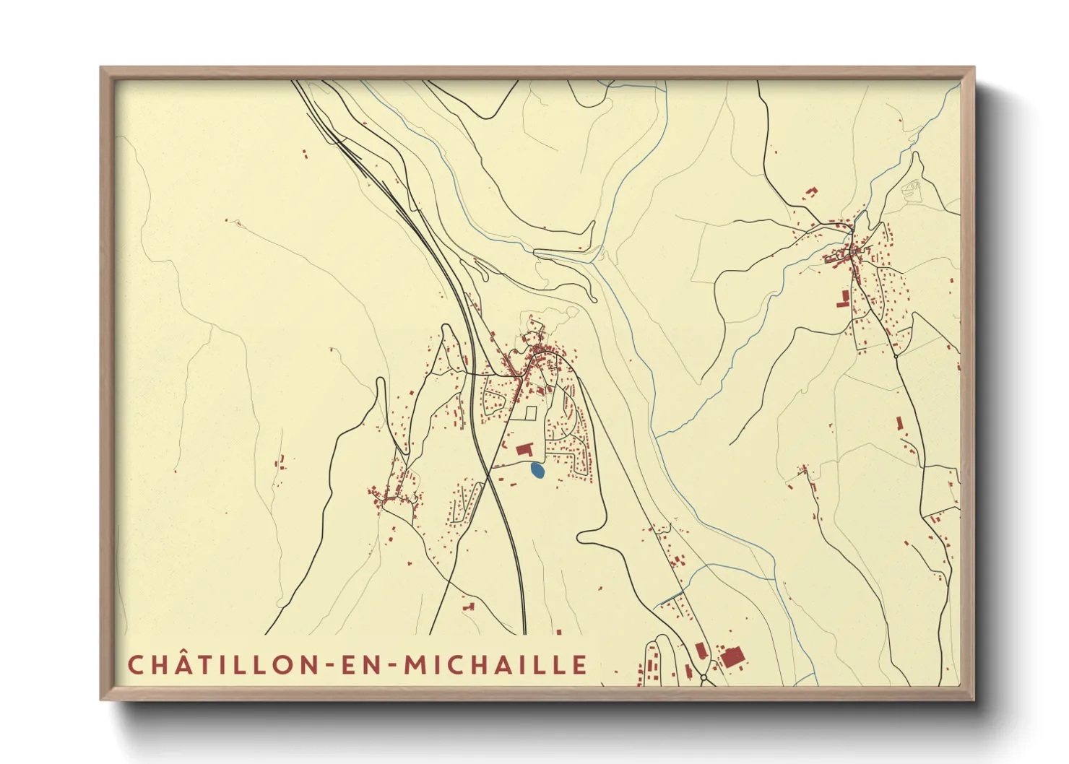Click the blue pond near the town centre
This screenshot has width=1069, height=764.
click(537, 471)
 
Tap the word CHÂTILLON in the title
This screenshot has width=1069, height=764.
click(220, 664)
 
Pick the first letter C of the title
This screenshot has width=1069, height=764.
click(135, 664)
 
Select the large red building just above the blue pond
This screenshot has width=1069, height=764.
click(524, 450)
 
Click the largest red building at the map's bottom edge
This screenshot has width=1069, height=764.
click(732, 658)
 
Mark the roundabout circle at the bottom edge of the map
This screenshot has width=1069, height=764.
click(704, 679)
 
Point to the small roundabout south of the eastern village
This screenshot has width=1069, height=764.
click(896, 355)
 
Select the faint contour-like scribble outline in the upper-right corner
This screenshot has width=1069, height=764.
click(912, 189)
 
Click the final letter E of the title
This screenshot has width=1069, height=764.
click(581, 664)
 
